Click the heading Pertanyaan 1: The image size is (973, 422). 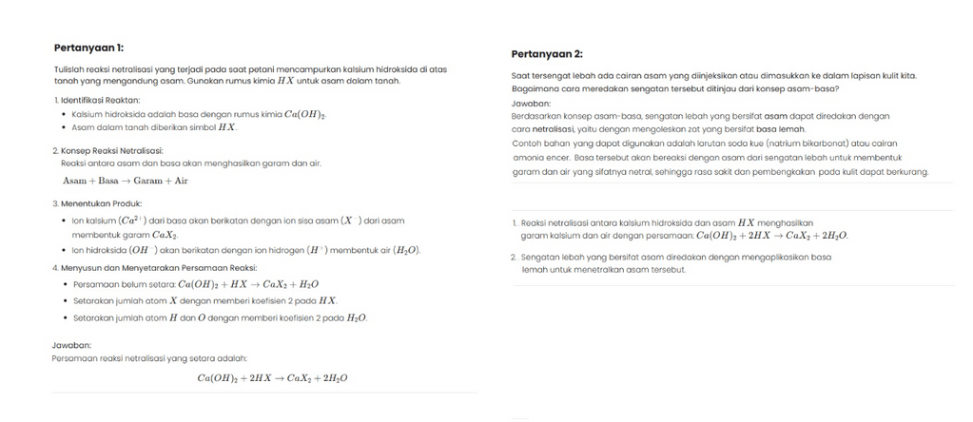[x=88, y=48]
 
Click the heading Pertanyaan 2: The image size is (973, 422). [x=547, y=53]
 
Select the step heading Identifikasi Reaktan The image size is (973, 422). [x=99, y=100]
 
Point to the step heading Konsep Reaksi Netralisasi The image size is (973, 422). [x=110, y=150]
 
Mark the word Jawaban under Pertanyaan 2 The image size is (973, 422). [x=531, y=103]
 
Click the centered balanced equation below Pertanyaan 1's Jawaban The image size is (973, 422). [x=272, y=378]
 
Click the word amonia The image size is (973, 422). [x=528, y=158]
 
